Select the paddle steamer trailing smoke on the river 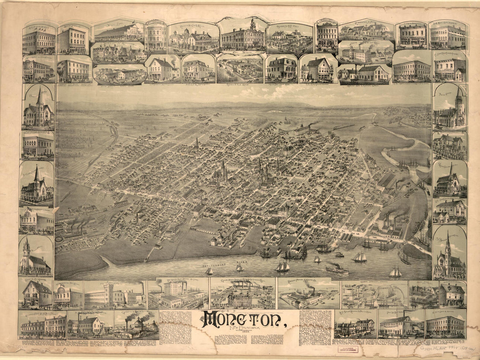click(x=337, y=269)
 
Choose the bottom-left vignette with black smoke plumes click(x=136, y=324)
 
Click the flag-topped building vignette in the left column click(x=37, y=220)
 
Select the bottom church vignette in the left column click(x=36, y=257)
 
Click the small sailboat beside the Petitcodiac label click(x=209, y=271)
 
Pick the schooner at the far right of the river click(x=396, y=272)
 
